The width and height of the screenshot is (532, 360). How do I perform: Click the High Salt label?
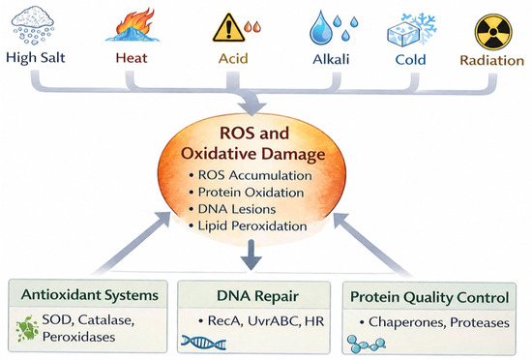[36, 58]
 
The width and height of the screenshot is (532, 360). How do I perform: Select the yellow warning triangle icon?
[228, 27]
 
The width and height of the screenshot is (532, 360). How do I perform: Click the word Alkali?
[331, 59]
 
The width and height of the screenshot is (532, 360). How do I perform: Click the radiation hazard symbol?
[493, 32]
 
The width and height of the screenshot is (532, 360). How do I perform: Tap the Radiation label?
[492, 60]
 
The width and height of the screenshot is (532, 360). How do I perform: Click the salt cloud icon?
[33, 25]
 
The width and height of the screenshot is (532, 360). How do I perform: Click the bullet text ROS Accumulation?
[254, 175]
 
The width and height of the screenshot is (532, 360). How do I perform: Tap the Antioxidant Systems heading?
[90, 295]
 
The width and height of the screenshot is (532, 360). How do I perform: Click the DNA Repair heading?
[258, 296]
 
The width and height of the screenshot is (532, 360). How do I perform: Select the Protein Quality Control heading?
[429, 297]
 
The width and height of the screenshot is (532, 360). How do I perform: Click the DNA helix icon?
[203, 343]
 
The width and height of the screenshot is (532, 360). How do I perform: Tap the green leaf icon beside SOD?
[27, 329]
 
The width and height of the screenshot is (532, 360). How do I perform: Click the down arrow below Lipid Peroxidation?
[251, 255]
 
